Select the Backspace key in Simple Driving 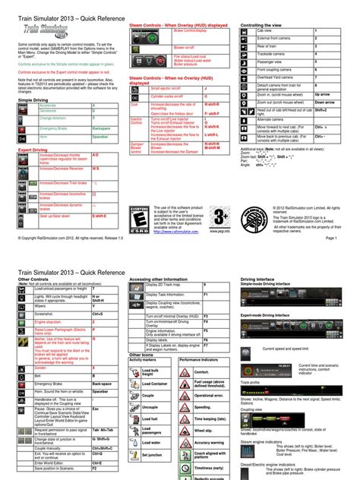point(101,129)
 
